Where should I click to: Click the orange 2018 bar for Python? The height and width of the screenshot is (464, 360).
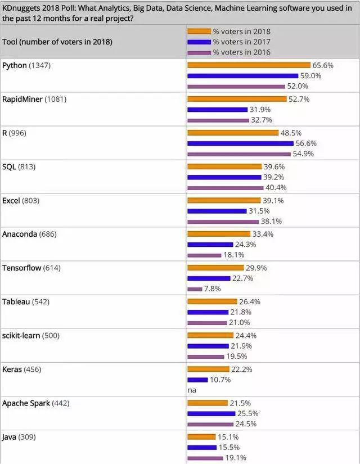249,65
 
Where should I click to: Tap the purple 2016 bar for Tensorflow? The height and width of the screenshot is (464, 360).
195,289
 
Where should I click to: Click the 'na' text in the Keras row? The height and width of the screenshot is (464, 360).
191,390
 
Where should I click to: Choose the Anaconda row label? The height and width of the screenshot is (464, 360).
20,234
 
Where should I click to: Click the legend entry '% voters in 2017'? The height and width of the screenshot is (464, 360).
242,42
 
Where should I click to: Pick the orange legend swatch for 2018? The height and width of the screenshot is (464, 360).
199,31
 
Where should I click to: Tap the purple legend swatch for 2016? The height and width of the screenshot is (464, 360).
199,52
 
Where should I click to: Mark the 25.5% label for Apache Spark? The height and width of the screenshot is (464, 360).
248,414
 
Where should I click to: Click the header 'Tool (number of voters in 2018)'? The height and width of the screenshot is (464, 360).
57,42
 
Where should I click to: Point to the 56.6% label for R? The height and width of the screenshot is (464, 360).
307,143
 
